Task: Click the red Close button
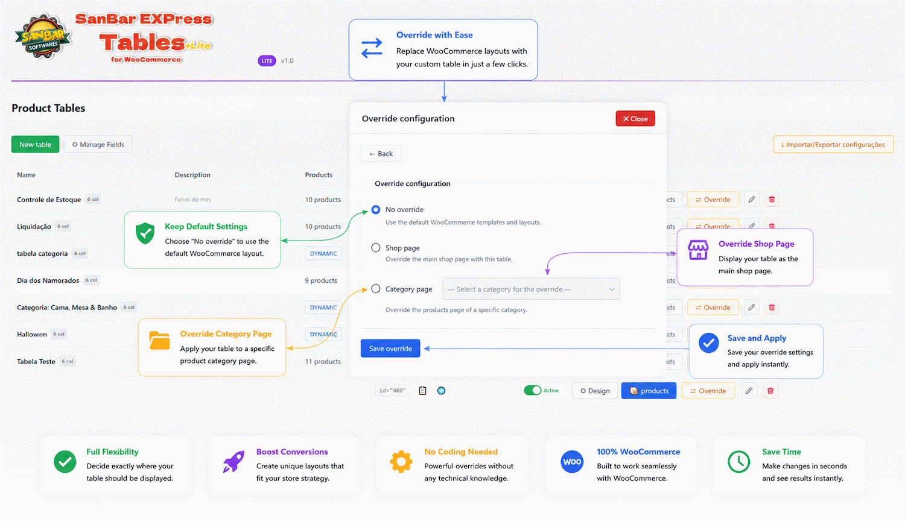click(x=635, y=119)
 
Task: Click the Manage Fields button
click(x=98, y=145)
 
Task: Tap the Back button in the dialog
click(x=381, y=154)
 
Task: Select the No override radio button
click(x=376, y=210)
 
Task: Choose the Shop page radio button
click(x=376, y=248)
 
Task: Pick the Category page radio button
click(x=376, y=289)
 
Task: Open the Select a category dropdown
click(x=531, y=289)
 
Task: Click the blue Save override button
click(x=390, y=349)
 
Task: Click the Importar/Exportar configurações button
click(x=833, y=145)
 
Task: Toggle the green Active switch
click(x=533, y=391)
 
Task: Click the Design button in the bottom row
click(x=595, y=391)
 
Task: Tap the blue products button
click(x=649, y=391)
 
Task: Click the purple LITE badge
click(x=267, y=61)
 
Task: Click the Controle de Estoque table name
click(x=49, y=200)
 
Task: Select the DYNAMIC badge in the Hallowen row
click(x=323, y=335)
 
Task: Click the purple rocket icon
click(x=234, y=462)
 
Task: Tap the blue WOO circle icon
click(x=572, y=462)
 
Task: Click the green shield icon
click(x=145, y=233)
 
